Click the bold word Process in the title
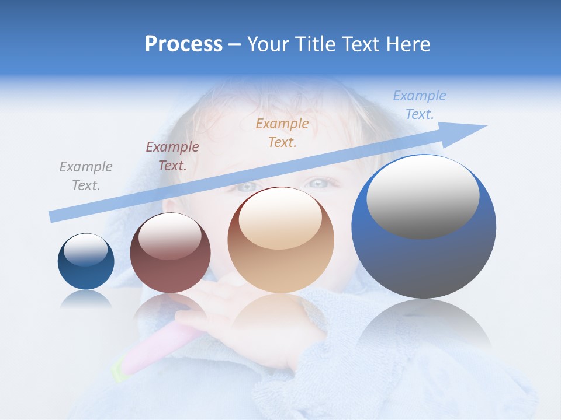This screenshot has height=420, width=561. coord(183,44)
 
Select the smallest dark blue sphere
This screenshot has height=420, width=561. coord(86,262)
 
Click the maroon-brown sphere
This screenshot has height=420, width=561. coord(170,253)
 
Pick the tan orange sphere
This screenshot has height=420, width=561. coord(280,240)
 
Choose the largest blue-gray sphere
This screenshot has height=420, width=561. coord(424,226)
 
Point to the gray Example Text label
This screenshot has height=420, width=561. coord(86,176)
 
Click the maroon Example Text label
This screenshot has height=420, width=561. coord(172,156)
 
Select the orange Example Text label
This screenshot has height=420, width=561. coord(282,132)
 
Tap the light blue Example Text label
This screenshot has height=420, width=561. coord(419,105)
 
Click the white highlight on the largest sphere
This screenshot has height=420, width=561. coord(423,197)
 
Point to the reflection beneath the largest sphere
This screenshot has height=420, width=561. coord(424,327)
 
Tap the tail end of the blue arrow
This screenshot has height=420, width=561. coord(54,216)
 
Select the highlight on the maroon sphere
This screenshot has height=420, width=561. coord(169,236)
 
